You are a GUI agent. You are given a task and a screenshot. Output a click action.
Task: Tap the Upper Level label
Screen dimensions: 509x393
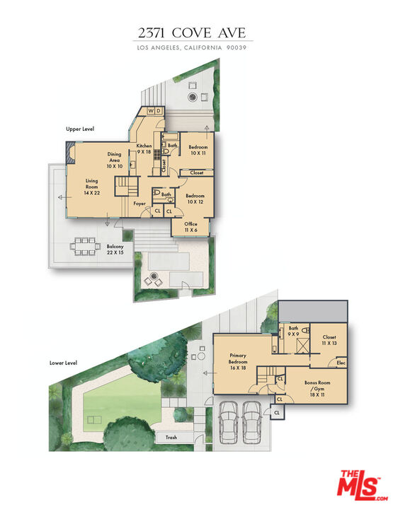tap(79, 129)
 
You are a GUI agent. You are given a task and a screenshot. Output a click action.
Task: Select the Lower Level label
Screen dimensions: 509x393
tap(63, 363)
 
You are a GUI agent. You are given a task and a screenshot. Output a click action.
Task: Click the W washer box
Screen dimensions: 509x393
tap(150, 111)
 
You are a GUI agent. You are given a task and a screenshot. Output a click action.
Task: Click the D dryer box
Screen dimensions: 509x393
tap(159, 111)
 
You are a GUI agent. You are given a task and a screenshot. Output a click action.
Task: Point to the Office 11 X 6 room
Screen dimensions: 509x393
tap(190, 226)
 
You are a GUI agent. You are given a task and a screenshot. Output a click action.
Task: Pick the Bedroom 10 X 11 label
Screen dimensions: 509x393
tap(198, 151)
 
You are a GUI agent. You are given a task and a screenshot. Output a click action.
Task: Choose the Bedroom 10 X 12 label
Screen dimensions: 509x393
tap(195, 199)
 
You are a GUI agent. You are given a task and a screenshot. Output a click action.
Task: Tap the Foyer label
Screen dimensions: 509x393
tap(140, 204)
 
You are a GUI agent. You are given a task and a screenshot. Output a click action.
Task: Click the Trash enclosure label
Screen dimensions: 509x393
tap(171, 438)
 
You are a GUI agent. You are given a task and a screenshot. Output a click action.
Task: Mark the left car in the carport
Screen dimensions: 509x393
tap(228, 423)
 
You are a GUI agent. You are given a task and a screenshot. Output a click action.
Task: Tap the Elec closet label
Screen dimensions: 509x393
tap(341, 363)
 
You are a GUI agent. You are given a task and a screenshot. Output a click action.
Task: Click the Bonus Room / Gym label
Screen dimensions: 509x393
tap(319, 387)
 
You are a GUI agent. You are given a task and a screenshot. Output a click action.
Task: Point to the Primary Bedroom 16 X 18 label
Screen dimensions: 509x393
tap(237, 362)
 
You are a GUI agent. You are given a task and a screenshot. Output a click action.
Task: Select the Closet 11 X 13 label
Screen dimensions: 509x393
tap(329, 340)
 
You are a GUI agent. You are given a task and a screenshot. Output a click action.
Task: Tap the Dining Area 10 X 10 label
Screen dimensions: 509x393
tap(114, 159)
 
